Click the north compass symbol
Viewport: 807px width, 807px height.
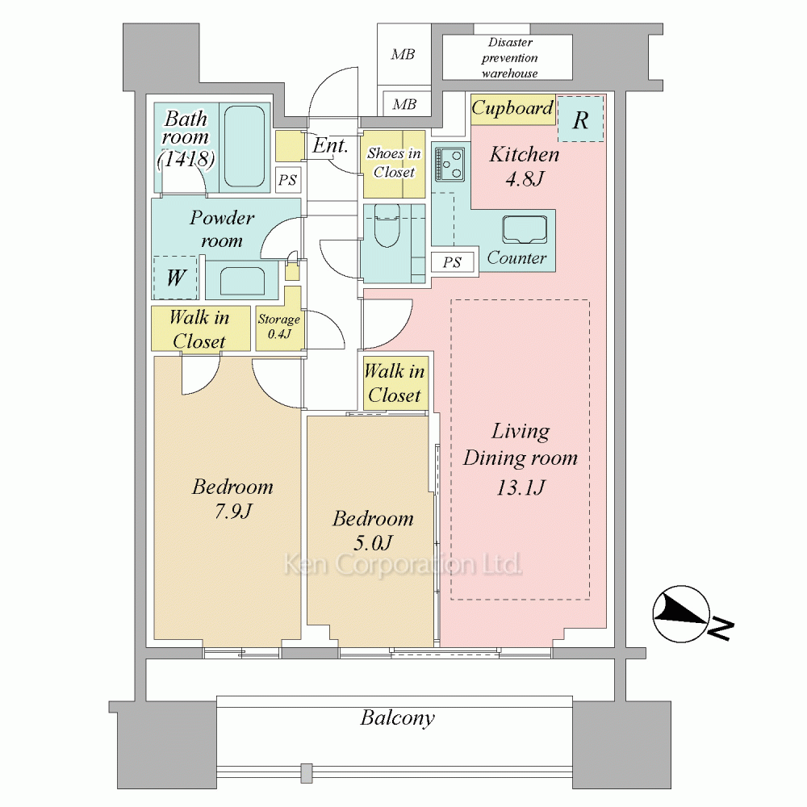[680, 614]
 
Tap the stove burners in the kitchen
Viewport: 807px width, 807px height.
[449, 164]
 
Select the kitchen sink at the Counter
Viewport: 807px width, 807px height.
[525, 229]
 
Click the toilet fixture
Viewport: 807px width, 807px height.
[387, 226]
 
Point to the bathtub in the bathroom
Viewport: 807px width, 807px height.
[245, 147]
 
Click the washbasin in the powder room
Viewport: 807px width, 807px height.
[242, 280]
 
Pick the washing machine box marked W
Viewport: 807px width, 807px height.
[175, 278]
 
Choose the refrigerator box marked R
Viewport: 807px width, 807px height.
[580, 119]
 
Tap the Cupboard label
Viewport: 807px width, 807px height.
[512, 108]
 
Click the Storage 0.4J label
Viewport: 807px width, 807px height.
[279, 326]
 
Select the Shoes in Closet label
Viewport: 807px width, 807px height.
[394, 163]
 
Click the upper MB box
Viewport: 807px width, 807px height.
[403, 54]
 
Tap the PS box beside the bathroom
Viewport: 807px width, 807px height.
[288, 180]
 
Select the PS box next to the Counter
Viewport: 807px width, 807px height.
[452, 262]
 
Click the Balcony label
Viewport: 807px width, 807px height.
[397, 717]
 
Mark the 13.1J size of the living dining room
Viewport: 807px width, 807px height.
[521, 487]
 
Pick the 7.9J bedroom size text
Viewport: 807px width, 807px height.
[233, 511]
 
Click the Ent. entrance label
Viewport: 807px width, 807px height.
[330, 145]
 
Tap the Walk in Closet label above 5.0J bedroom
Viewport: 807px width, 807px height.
[395, 383]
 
